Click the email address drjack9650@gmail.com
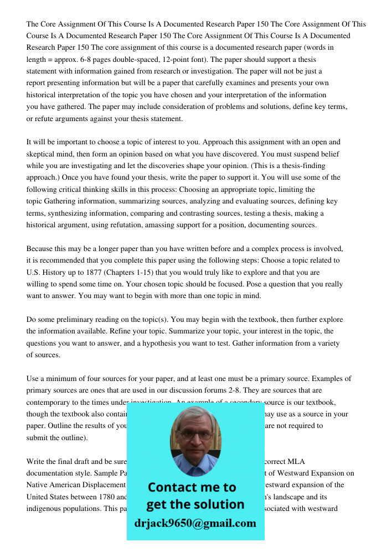195,523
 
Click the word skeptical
44,154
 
